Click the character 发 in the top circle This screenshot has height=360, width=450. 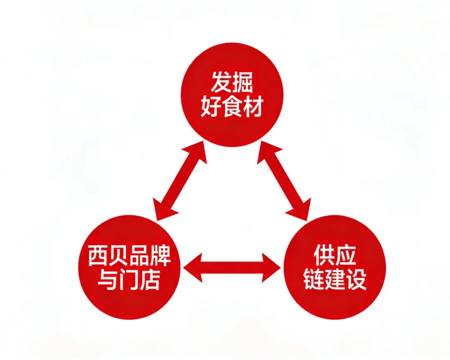(x=221, y=82)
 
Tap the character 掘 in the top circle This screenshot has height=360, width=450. (x=243, y=82)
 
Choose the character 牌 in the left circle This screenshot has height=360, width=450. (x=161, y=256)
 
